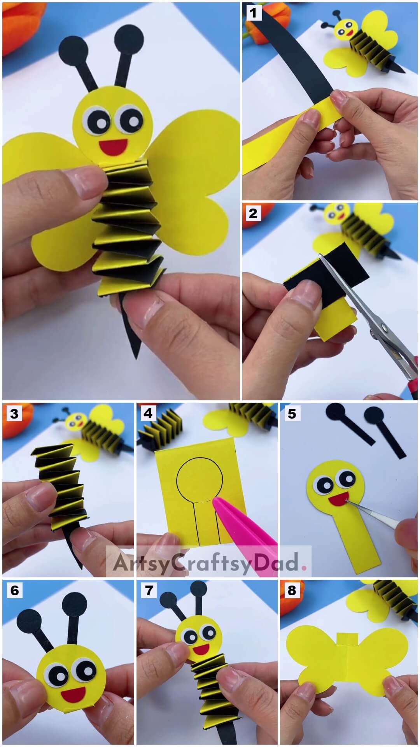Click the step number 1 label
click(x=253, y=13)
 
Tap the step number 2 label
click(x=253, y=213)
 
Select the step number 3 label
click(x=14, y=413)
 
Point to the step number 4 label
click(x=148, y=413)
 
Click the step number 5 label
click(x=292, y=413)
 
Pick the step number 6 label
click(x=14, y=591)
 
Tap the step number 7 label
click(x=148, y=591)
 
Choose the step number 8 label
click(x=292, y=591)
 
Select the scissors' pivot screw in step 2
click(x=384, y=329)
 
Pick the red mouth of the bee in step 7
click(x=201, y=649)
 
